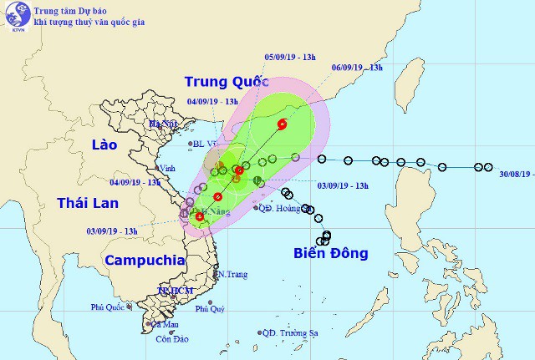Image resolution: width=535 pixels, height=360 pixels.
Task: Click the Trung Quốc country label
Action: coord(227,82)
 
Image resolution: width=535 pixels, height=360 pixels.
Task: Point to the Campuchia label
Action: coord(145,260)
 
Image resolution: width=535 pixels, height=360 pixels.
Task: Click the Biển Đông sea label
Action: coord(330,253)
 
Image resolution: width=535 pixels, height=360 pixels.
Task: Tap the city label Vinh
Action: coord(167,166)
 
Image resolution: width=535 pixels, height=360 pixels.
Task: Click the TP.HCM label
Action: coord(176,290)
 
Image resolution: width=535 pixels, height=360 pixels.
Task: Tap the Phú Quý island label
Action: coord(211,309)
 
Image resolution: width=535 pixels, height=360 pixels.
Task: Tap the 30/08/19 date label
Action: coord(511,174)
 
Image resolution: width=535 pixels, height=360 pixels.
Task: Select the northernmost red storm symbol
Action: coord(282,125)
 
